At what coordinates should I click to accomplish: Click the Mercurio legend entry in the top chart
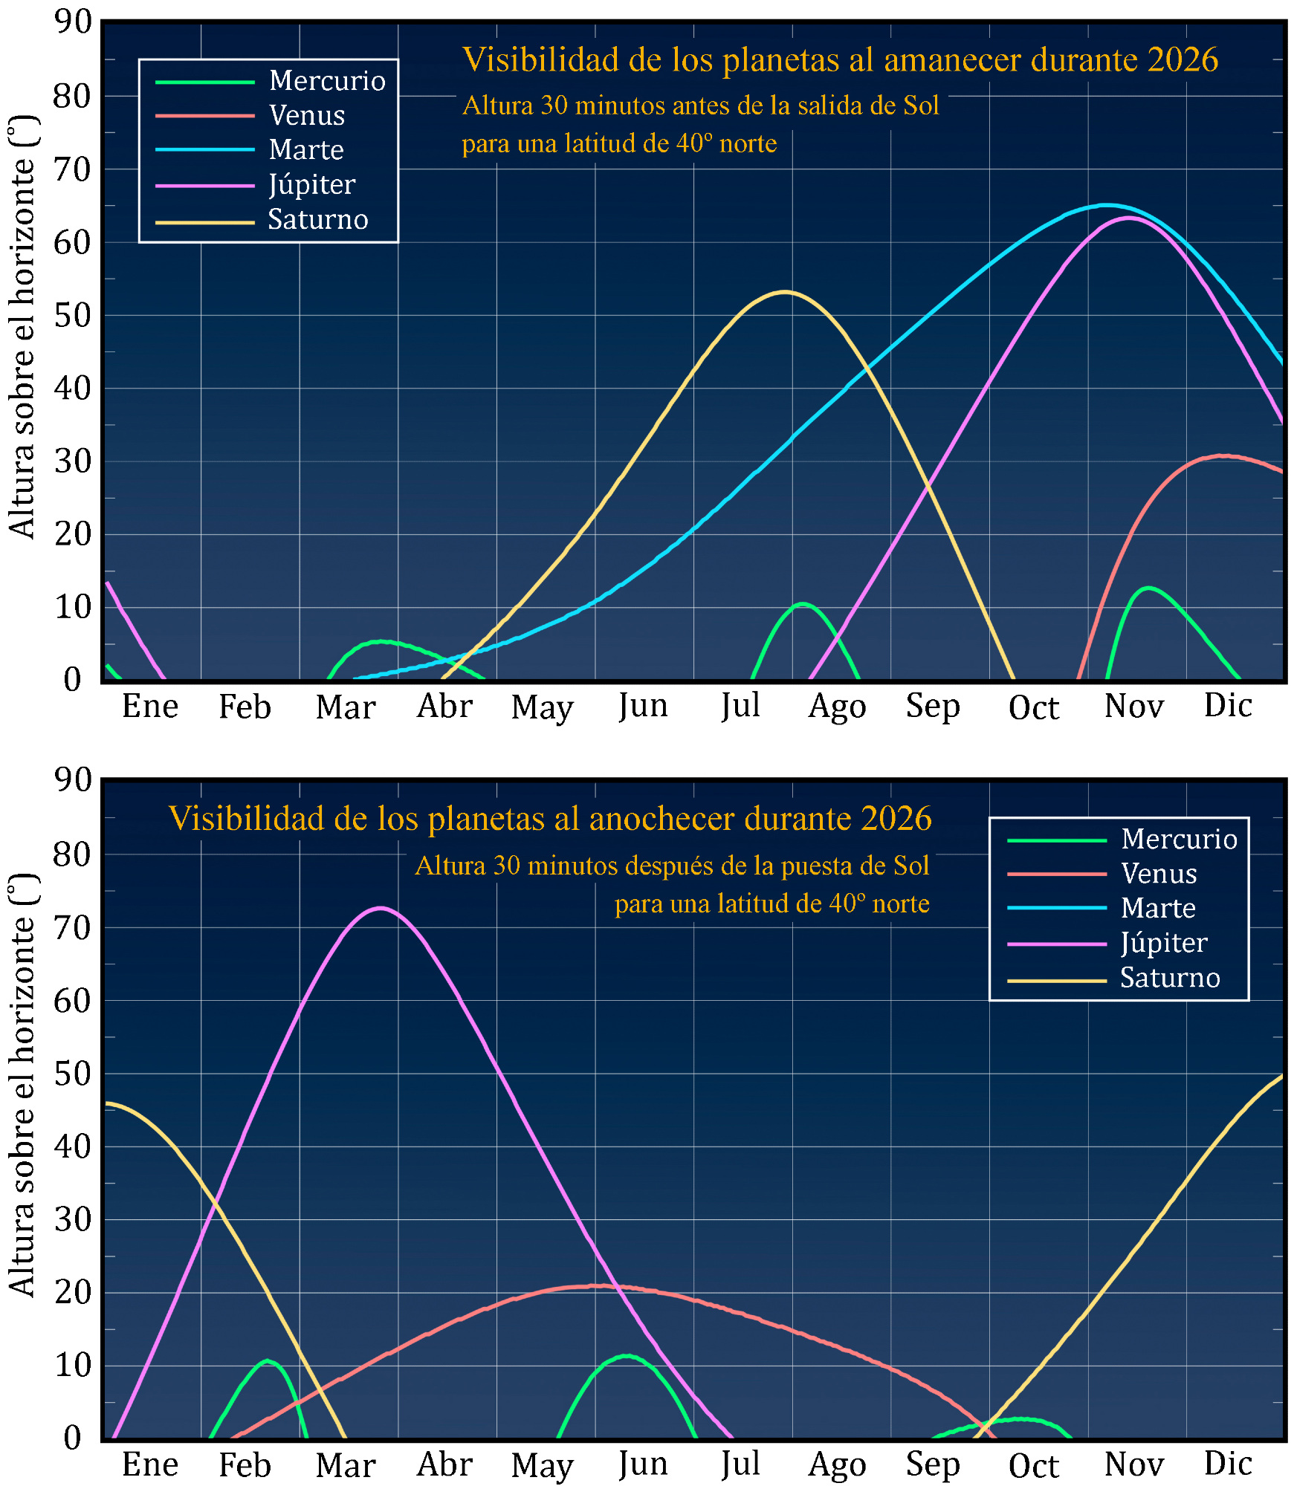pos(326,81)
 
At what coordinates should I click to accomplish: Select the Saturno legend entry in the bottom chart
pos(1169,978)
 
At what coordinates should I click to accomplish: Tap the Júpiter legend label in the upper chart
pos(311,184)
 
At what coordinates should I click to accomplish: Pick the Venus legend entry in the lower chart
pos(1158,874)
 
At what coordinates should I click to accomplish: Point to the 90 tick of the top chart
pos(74,22)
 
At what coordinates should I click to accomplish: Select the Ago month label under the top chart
pos(837,707)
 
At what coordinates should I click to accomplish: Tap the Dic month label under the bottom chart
pos(1228,1464)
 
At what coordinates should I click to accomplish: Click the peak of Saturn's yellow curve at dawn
pos(784,292)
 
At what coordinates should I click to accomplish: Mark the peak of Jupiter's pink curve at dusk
pos(381,907)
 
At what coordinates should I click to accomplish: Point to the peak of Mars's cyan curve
pos(1107,205)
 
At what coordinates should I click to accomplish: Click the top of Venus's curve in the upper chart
pos(1223,455)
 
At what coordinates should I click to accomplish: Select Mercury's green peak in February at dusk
pos(268,1361)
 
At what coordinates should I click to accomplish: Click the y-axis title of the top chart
pos(22,327)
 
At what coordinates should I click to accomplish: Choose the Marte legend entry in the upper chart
pos(305,150)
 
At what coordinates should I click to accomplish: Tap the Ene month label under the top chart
pos(150,707)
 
